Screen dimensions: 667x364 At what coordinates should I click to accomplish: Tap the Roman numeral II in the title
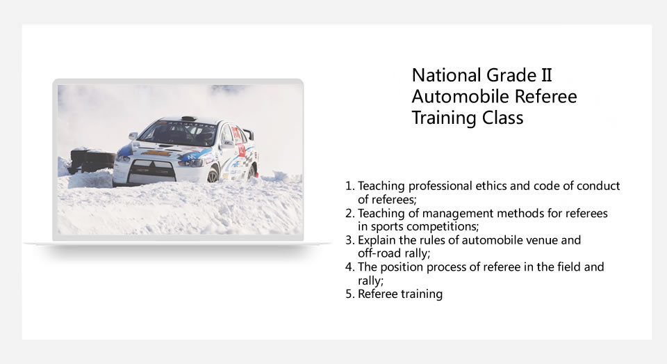point(546,75)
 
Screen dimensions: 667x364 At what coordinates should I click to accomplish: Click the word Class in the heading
point(502,118)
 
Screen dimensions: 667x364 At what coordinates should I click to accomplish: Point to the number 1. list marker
point(349,187)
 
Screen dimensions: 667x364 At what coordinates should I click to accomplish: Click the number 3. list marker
point(349,240)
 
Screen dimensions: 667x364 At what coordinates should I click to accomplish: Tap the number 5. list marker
point(349,294)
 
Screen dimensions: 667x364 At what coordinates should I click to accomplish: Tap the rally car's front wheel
point(213,175)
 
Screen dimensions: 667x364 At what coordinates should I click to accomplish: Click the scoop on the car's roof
point(188,118)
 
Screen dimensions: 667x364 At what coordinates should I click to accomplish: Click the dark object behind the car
point(90,161)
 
